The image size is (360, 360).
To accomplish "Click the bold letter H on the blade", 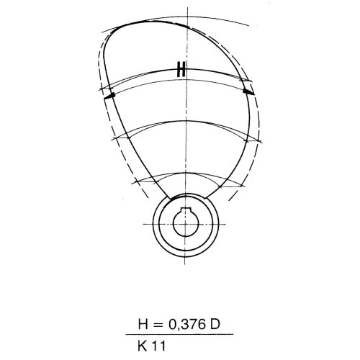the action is [x=181, y=69].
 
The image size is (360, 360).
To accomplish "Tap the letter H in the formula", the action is [x=143, y=324].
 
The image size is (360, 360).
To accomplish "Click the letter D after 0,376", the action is [x=215, y=324].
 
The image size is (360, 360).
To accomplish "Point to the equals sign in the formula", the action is [x=158, y=325].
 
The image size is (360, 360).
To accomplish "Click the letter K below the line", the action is [x=143, y=346].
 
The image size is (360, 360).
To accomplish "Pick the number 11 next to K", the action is [x=158, y=346].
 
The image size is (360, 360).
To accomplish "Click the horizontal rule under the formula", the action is [x=179, y=334].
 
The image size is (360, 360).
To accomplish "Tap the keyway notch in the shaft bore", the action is [x=186, y=210].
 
